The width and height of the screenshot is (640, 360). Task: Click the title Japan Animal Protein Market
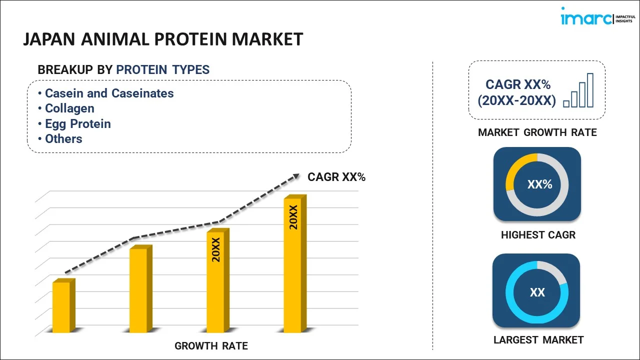(x=163, y=39)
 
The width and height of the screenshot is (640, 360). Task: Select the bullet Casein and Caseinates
(x=109, y=93)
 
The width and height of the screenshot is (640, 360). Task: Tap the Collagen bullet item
(x=69, y=108)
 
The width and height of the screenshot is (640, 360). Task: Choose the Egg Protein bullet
(x=77, y=124)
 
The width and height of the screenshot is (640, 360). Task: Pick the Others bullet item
(x=63, y=139)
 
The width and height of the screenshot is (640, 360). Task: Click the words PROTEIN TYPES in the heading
(x=162, y=70)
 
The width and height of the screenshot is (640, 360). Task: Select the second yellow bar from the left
(x=139, y=290)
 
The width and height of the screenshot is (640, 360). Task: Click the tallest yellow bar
(x=293, y=265)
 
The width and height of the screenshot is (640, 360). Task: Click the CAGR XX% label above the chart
(x=336, y=176)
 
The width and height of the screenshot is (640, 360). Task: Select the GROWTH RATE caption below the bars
(x=211, y=346)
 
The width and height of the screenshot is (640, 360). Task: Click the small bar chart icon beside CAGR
(x=578, y=91)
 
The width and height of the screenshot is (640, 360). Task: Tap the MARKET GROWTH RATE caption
(x=537, y=132)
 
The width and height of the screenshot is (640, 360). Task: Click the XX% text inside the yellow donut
(x=539, y=184)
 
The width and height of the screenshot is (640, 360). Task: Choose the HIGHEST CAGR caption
(x=538, y=235)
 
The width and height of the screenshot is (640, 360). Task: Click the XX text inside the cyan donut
(x=537, y=292)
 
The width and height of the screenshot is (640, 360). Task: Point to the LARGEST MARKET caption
(x=538, y=340)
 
